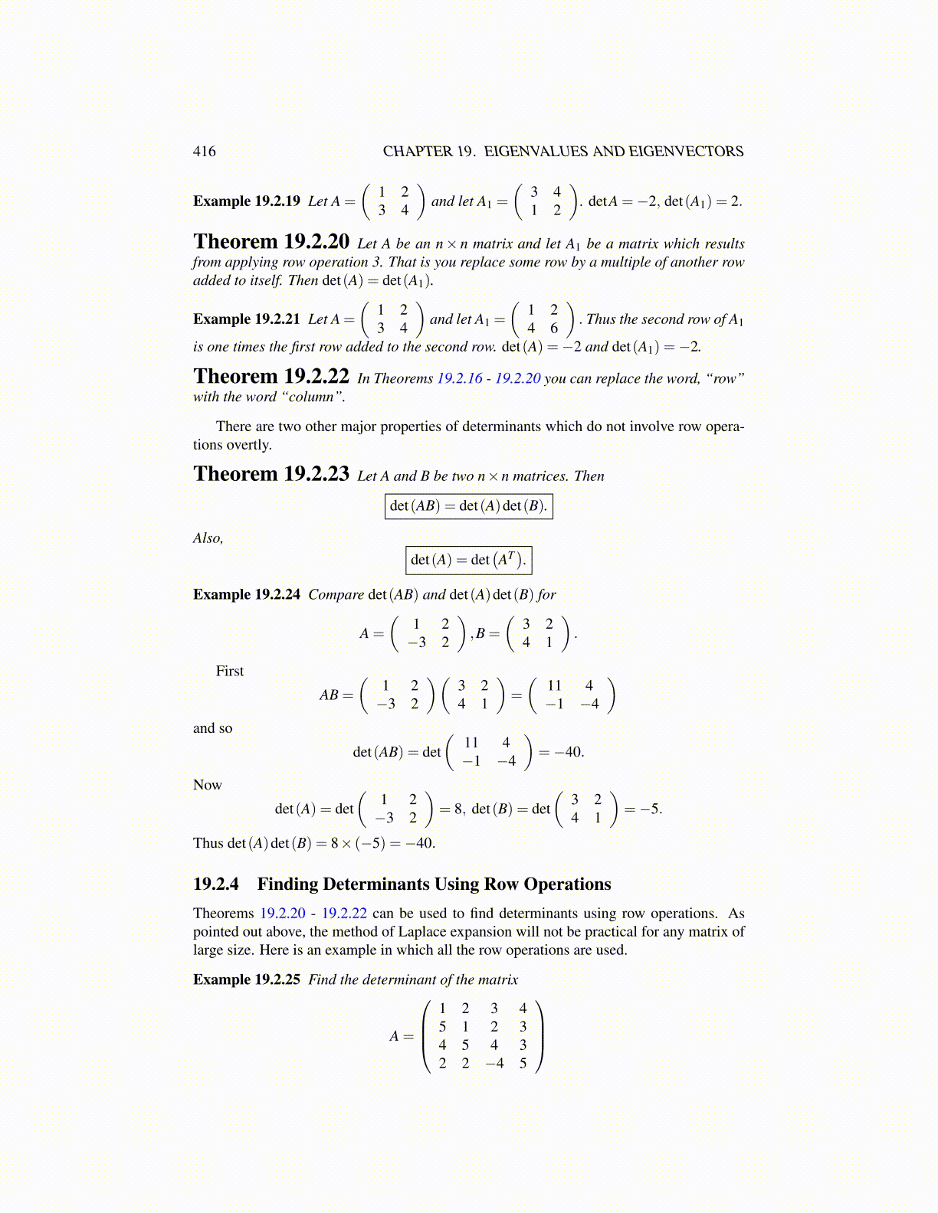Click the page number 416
click(204, 152)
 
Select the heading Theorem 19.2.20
click(271, 242)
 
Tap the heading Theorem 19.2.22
click(271, 377)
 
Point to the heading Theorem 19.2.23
click(271, 474)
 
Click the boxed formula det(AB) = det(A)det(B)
click(468, 506)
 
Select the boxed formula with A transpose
click(468, 560)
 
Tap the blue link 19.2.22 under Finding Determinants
click(344, 914)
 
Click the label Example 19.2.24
click(247, 594)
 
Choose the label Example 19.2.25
click(247, 979)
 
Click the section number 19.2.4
click(215, 884)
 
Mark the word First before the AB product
click(229, 671)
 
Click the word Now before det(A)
click(207, 785)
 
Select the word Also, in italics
click(208, 538)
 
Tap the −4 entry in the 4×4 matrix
click(494, 1063)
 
